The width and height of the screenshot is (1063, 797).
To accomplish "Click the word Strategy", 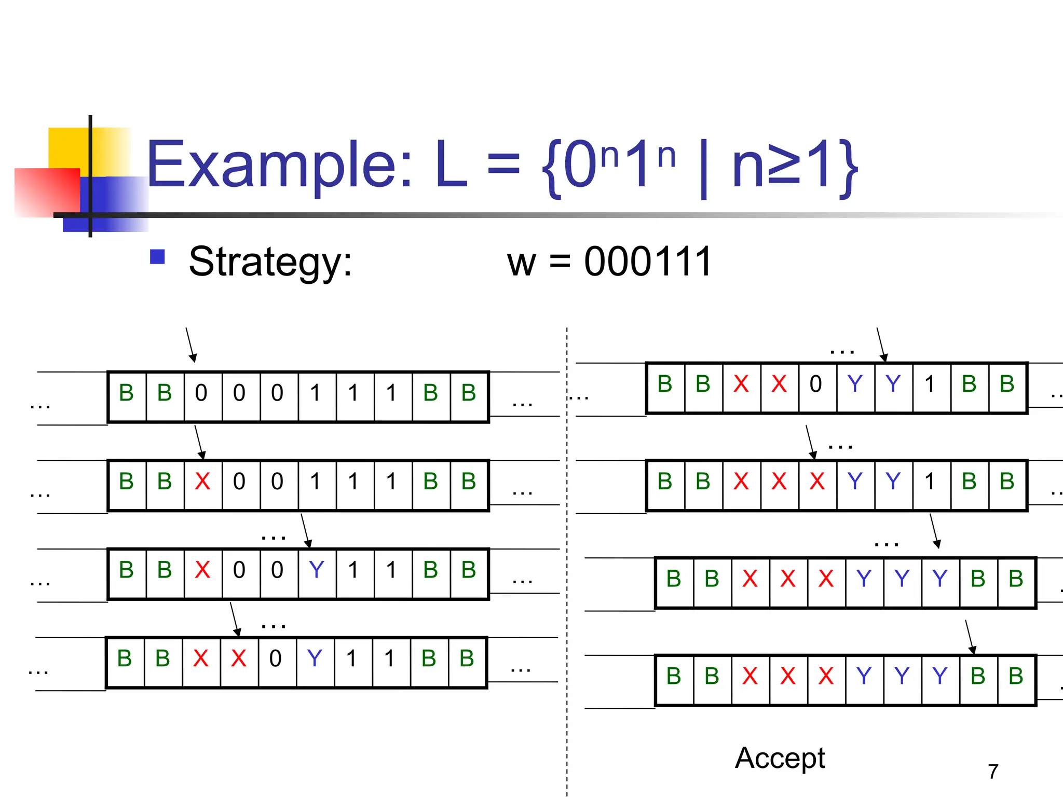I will coord(270,262).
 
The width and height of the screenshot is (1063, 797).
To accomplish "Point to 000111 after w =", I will coord(648,262).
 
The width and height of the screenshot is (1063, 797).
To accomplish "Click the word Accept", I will coord(780,758).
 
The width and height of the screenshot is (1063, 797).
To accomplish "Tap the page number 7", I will coord(993,772).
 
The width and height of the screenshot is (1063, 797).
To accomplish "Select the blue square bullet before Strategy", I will coord(157,257).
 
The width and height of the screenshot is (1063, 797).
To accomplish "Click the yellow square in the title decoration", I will coord(67,148).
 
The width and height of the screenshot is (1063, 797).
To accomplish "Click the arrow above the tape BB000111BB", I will coord(190,345).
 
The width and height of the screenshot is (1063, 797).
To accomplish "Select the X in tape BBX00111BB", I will coord(202,482).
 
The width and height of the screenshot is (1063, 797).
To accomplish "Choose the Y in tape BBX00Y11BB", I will coord(317,570).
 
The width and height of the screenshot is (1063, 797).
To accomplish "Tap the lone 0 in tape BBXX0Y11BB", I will coord(276,658).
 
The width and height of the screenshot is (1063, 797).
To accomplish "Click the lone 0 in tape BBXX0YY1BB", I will coord(816,384).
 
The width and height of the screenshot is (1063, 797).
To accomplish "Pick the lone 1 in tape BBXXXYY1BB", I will coord(930,482).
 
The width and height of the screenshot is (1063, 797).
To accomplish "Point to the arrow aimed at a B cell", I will coord(969,637).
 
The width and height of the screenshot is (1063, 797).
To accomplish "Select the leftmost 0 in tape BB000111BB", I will coord(201,393).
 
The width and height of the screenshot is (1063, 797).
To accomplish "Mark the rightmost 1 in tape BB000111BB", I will coord(391,393).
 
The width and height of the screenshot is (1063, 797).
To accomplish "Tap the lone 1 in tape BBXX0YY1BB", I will coord(930,384).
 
